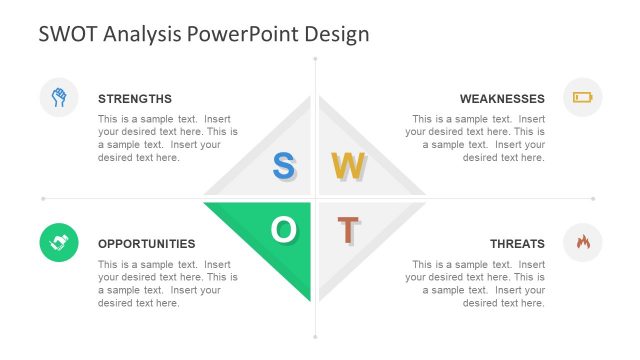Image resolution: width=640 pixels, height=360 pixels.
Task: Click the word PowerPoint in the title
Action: pos(245,34)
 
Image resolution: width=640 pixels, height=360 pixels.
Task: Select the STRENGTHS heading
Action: pos(135,99)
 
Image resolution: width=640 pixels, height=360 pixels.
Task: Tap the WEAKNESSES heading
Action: pos(502,99)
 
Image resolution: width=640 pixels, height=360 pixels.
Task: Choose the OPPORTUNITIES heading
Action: pos(147,243)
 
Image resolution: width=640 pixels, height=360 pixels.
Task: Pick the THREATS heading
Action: pos(517,243)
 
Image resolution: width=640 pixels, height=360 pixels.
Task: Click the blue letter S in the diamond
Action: pos(283,166)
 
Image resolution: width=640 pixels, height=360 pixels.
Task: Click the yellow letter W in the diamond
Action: pos(348,166)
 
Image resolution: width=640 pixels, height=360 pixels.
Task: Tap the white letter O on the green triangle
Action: pos(283,230)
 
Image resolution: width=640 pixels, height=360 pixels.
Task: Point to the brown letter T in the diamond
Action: pos(347,230)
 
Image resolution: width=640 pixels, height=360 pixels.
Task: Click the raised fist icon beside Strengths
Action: pos(59,97)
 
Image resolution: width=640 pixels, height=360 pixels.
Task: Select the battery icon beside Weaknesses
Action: pos(582,97)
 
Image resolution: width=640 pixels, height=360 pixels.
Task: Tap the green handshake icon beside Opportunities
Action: pos(59,242)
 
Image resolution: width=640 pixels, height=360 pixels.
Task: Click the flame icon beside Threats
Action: pos(582,242)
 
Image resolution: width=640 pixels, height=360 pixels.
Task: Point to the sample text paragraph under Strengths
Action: pos(167,138)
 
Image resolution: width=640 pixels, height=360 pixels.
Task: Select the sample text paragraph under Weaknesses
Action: pos(476,138)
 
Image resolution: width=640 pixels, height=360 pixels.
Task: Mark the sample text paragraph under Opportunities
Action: pos(167,284)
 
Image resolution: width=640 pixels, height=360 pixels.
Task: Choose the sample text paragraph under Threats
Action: pos(476,284)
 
